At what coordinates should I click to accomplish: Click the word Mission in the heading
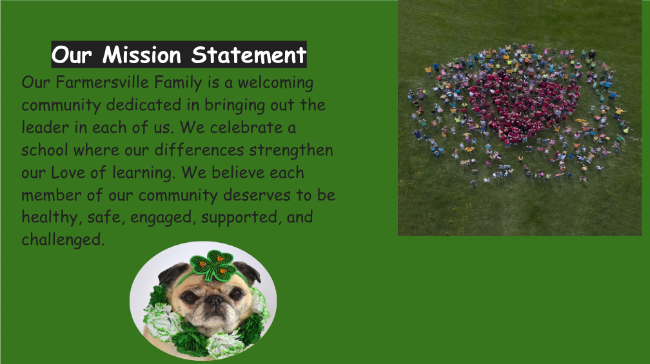pos(142,55)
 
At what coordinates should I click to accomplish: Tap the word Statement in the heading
pos(249,55)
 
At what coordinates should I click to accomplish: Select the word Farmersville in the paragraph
pos(102,82)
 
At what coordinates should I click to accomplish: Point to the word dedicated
pos(144,105)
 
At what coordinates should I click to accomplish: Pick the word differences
pos(199,149)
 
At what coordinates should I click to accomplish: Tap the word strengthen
pos(291,150)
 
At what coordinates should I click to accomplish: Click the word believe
pos(238,172)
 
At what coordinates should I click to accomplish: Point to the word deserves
pos(257,195)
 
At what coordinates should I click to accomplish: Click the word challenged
pos(63,240)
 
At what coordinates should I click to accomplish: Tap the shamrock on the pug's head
pos(213,265)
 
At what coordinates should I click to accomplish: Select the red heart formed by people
pos(522,106)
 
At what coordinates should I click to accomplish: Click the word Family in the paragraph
pos(178,83)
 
